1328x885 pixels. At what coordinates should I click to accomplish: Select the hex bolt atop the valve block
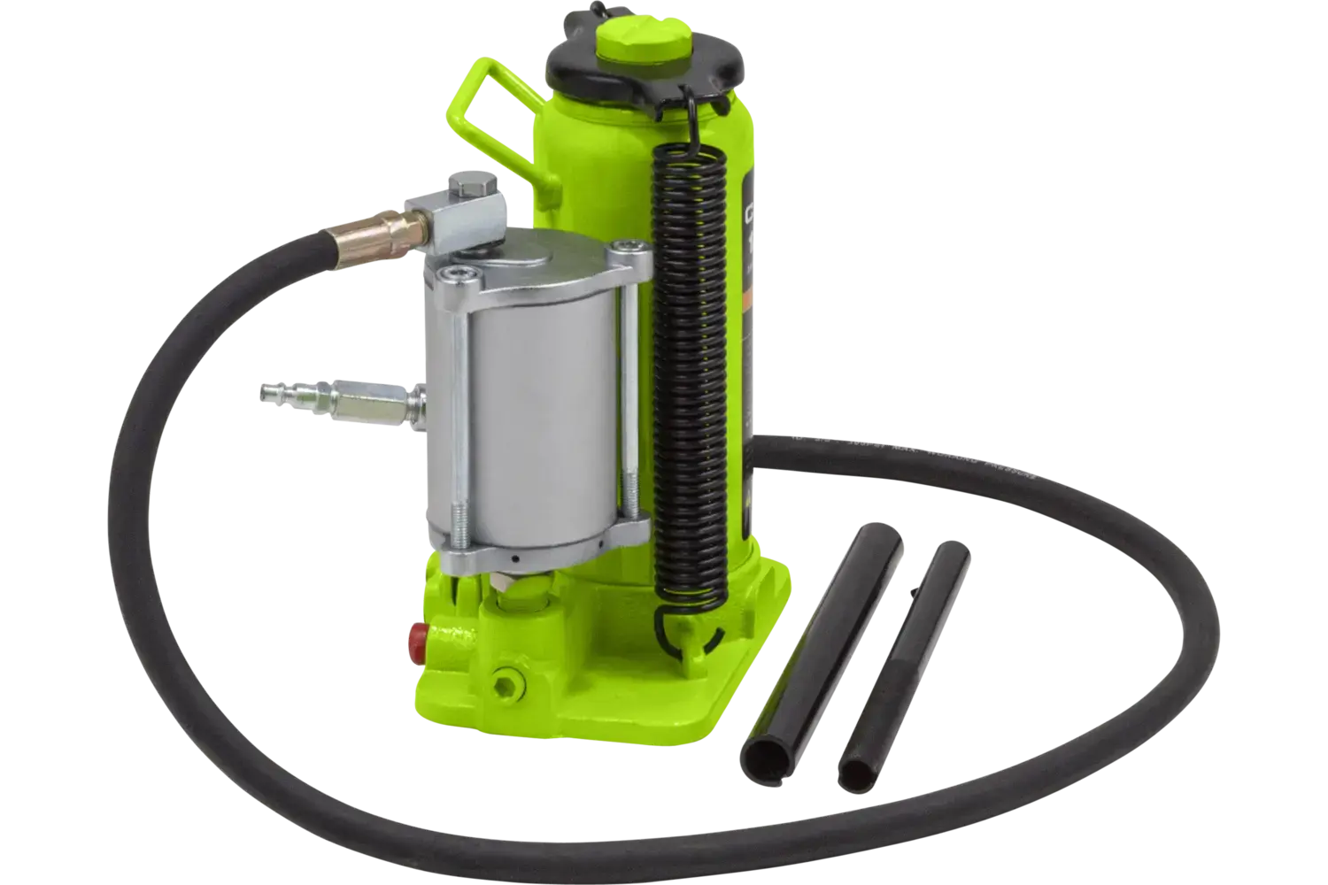pos(462,189)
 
